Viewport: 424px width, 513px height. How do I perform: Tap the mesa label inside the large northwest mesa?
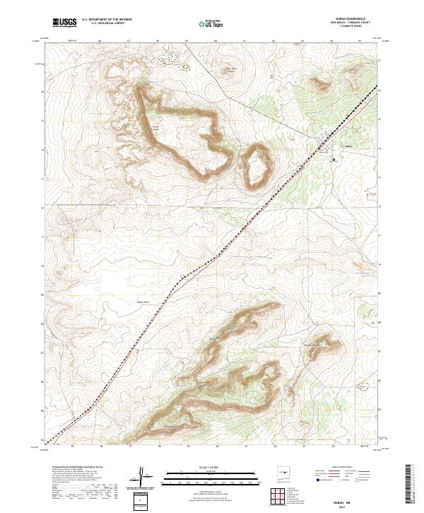pyautogui.click(x=155, y=128)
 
